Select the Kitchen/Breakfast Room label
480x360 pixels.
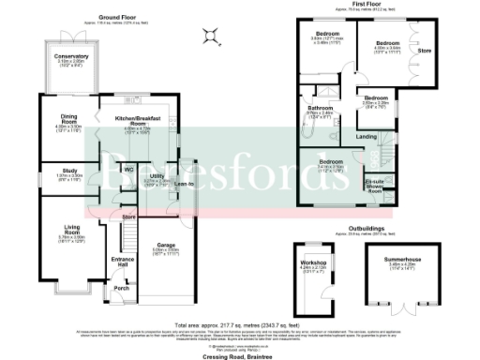(137, 121)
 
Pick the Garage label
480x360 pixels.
(165, 245)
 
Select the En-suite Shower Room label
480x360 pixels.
(375, 185)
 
